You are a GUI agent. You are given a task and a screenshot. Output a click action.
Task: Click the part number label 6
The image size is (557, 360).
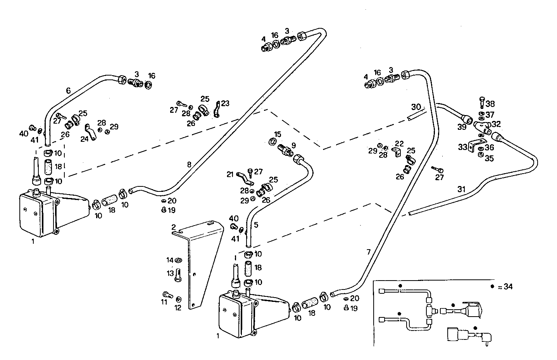pyautogui.click(x=68, y=91)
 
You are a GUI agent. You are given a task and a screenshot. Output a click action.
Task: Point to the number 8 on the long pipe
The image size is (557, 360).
pyautogui.click(x=189, y=164)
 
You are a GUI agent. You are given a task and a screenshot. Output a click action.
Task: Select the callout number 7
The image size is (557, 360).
pyautogui.click(x=368, y=252)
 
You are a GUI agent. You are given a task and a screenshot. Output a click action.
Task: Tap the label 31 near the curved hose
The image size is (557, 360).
pyautogui.click(x=461, y=189)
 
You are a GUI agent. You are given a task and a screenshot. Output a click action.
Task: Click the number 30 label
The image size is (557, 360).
pyautogui.click(x=416, y=107)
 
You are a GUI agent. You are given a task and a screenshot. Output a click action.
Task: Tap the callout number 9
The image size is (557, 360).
pyautogui.click(x=293, y=145)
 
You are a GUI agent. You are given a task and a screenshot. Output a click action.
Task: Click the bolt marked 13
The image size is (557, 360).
pyautogui.click(x=178, y=276)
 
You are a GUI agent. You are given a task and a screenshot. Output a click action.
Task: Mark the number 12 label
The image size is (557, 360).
pyautogui.click(x=178, y=308)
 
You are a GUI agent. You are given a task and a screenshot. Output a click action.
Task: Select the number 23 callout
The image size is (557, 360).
pyautogui.click(x=225, y=103)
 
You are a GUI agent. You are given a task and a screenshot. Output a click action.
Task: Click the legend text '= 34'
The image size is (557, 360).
pyautogui.click(x=505, y=287)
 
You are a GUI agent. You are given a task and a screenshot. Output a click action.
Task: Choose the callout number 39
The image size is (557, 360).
pyautogui.click(x=462, y=127)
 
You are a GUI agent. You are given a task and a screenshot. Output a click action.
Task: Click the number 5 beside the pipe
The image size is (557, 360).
pyautogui.click(x=256, y=225)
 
